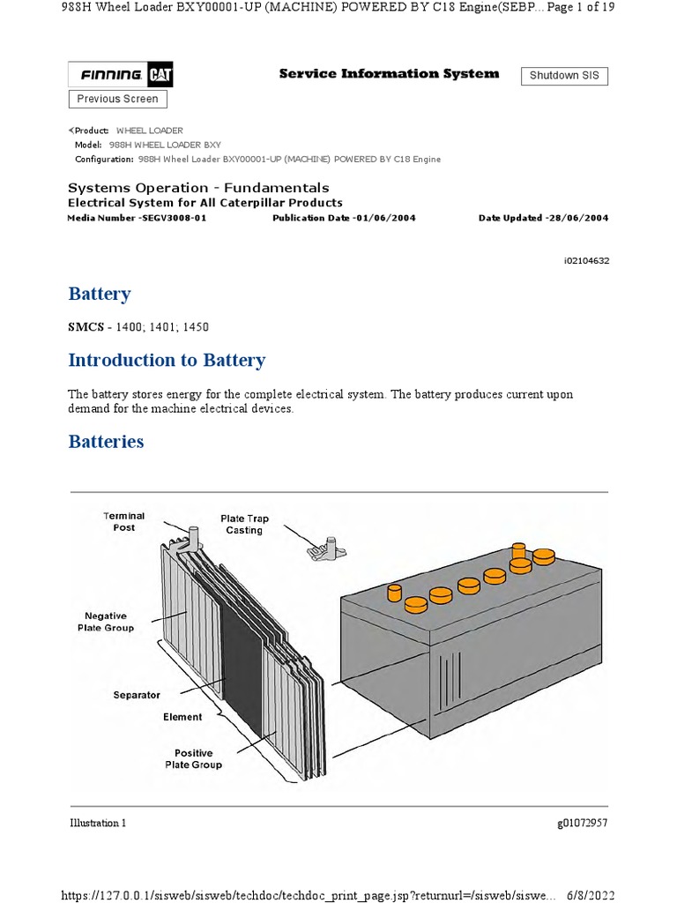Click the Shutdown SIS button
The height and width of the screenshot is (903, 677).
point(564,76)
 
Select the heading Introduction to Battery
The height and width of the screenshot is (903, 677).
point(167,360)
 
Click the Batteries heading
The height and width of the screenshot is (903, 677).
point(106,442)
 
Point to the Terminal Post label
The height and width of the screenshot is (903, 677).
point(124,521)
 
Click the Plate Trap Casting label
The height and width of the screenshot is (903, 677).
point(242,525)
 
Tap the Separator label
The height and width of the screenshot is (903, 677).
point(137,695)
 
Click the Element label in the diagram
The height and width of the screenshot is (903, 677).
point(182,717)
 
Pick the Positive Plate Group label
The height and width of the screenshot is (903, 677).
point(193,759)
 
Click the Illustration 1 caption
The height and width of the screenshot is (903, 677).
point(98,823)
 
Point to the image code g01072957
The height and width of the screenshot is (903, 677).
point(582,823)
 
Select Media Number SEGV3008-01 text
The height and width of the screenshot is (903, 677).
point(137,218)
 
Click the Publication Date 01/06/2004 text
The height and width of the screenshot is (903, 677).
point(344,218)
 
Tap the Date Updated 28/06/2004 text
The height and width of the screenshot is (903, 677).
point(543,218)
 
